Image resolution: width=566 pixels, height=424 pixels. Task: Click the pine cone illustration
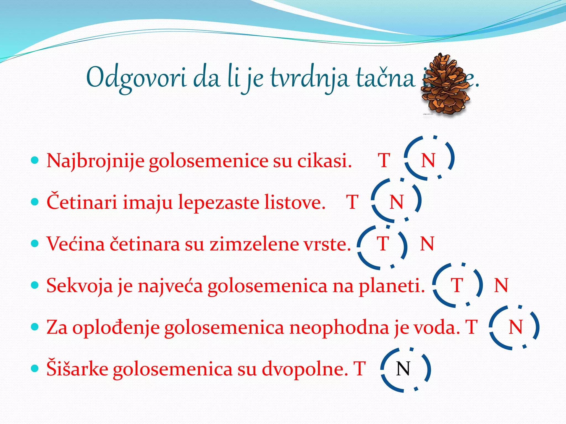446,86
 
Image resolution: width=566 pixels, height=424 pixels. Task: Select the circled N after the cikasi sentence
428,160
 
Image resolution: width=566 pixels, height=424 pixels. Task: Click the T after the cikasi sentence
384,160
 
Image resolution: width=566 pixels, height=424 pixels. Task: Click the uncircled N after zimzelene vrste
427,244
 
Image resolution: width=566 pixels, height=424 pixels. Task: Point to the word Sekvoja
80,286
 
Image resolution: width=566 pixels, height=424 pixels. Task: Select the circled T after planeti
457,285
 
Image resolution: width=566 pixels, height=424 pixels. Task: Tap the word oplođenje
116,328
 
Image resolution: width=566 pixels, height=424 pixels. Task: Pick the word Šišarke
77,369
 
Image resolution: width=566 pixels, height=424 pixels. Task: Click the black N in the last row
403,369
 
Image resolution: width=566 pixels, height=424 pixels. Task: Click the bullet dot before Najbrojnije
35,160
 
